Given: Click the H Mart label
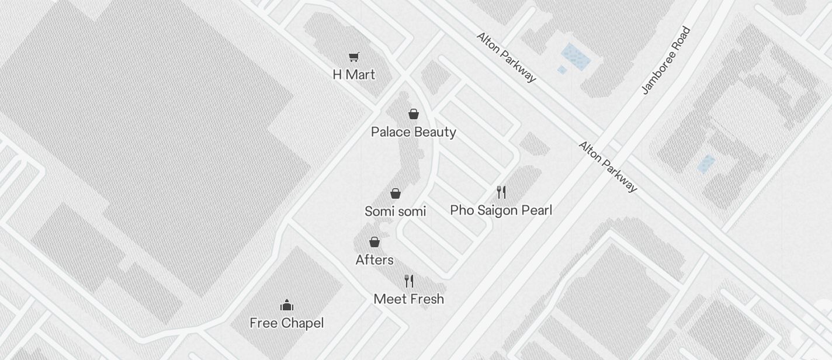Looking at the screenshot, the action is point(353,75).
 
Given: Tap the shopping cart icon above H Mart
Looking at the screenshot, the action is point(353,57).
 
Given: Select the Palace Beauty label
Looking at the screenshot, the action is point(413,132).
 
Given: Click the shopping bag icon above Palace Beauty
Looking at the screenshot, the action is point(414,114).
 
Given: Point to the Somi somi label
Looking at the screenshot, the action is point(395,212).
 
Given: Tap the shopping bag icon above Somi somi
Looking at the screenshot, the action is point(396,193).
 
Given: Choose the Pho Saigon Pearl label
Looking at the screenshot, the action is point(501,210).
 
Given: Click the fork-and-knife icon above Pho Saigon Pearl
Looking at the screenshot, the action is point(501,192).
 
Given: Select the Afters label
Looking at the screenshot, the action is point(375,260).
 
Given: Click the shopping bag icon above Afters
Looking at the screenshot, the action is point(375,242).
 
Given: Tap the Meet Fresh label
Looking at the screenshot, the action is point(408,299).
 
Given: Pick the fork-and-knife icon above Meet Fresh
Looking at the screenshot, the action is point(409,281).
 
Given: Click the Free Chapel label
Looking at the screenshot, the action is point(286,323).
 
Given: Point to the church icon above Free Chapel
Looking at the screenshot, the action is point(286,305).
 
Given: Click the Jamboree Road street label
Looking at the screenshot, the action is point(666,60).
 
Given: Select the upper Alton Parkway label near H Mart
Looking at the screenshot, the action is point(506,57).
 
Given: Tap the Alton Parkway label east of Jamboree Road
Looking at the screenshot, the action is point(608,167).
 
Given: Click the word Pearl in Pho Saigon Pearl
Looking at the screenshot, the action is point(536,210).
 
